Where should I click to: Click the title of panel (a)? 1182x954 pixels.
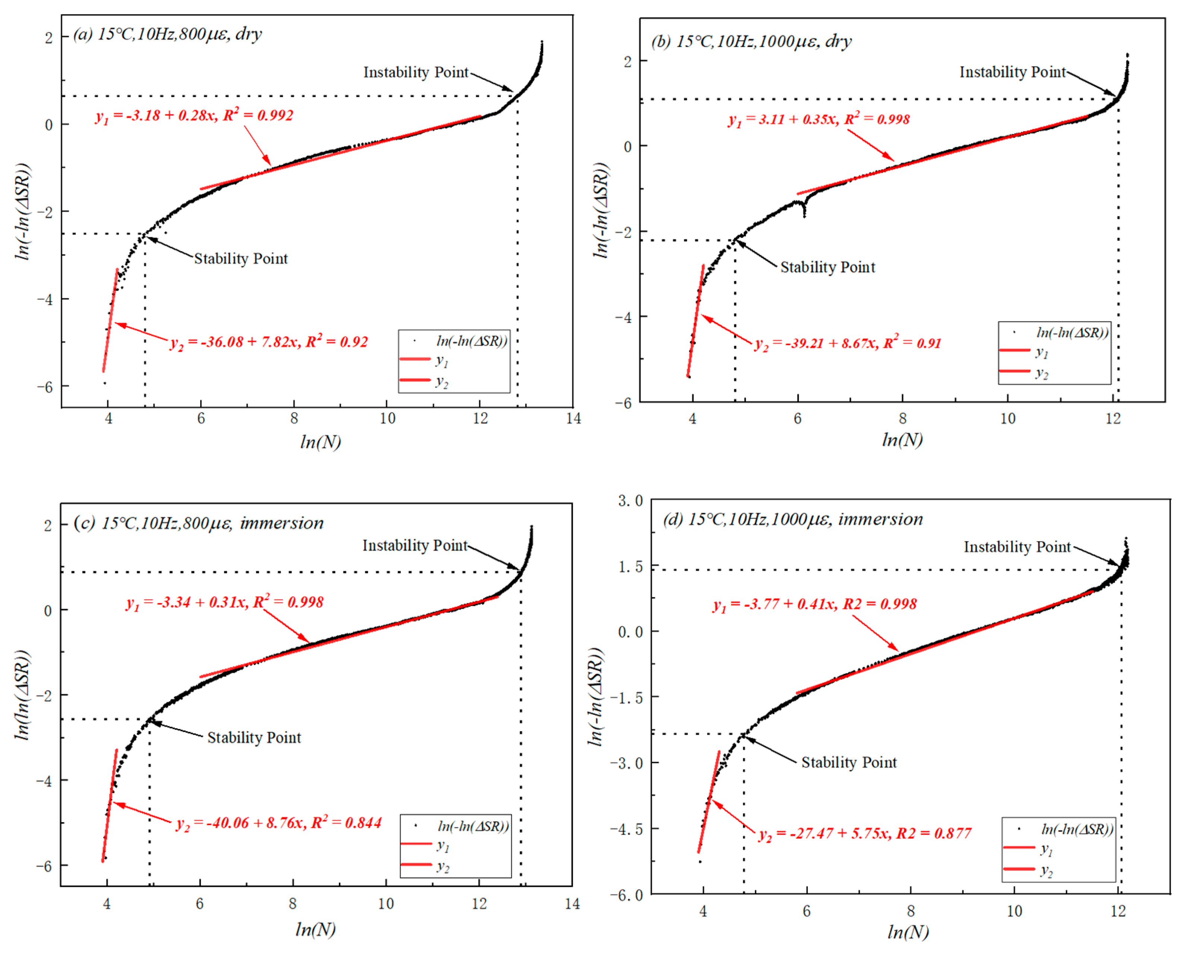tap(168, 34)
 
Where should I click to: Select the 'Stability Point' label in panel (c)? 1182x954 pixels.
tap(254, 737)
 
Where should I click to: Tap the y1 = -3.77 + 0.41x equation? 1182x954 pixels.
tap(815, 604)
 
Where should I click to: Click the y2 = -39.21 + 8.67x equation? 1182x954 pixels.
tap(848, 344)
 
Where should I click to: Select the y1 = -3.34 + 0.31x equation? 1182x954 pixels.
tap(225, 602)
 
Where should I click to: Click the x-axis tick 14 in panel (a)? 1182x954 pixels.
tap(573, 419)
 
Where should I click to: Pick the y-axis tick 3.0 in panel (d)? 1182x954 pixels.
tap(630, 500)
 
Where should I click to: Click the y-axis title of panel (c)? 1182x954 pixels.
tap(22, 695)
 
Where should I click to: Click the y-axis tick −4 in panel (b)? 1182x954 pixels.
tap(624, 317)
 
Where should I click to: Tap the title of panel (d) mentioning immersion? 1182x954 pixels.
tap(793, 519)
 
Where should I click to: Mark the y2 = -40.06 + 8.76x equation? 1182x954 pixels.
tap(279, 823)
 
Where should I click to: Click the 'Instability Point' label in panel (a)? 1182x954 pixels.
tap(416, 73)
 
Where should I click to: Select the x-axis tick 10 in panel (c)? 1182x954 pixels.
tap(385, 904)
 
